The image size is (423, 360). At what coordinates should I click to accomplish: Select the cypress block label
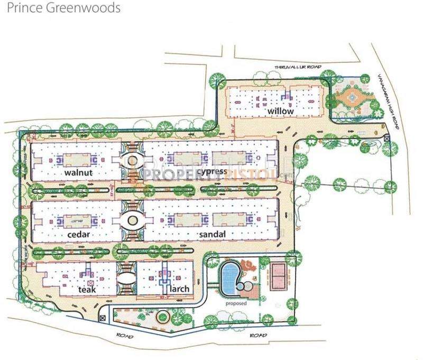[211, 171]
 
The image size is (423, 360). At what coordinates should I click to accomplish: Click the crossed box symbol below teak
[102, 318]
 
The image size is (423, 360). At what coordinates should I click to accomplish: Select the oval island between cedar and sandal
[129, 220]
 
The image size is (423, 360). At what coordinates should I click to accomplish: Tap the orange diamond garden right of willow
[350, 97]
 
